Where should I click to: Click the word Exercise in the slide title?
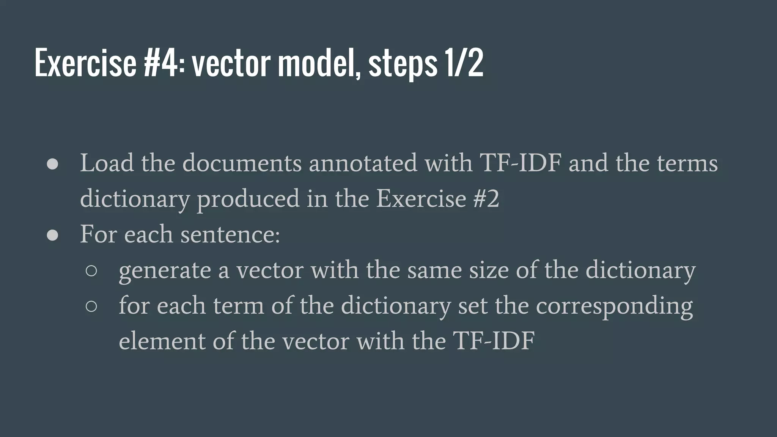85,63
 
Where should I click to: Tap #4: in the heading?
164,63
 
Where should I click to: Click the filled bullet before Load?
52,164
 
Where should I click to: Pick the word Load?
107,163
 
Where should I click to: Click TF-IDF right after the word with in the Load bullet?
521,163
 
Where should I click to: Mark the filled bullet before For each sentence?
52,235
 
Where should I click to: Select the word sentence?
230,234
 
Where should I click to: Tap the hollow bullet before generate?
91,271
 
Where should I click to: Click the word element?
162,341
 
